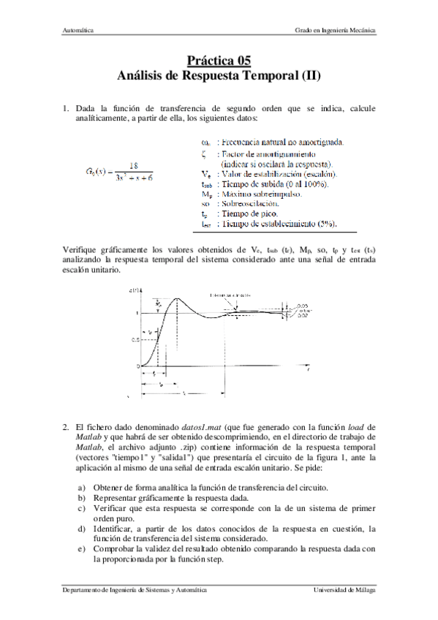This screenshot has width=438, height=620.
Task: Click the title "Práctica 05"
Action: coord(219,61)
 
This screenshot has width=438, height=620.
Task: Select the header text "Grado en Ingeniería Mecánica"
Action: coord(336,31)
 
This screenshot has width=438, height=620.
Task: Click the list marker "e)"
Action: coord(81,547)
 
